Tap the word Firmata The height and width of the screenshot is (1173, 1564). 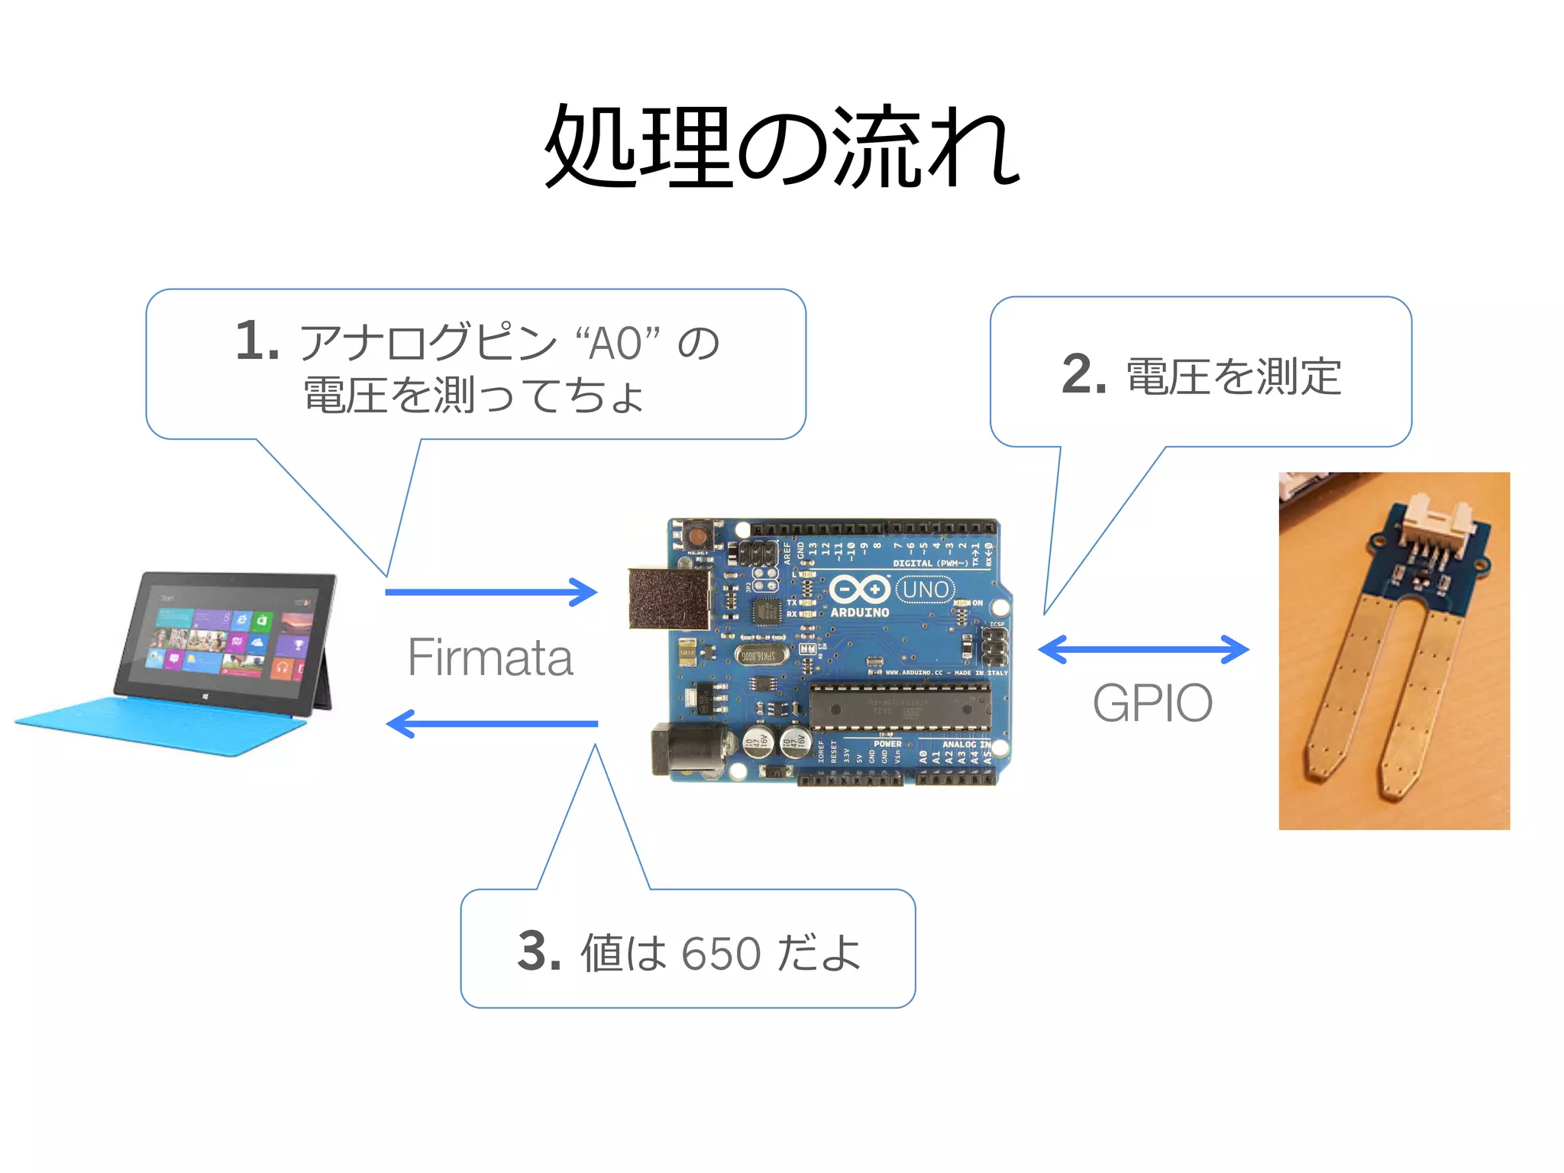(490, 658)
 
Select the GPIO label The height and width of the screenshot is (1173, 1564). (1152, 703)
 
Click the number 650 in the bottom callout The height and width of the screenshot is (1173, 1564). (721, 953)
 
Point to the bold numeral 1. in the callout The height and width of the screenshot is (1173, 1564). (257, 341)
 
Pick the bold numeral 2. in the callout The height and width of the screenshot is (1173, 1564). (1084, 374)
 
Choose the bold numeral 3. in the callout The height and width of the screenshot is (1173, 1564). (539, 952)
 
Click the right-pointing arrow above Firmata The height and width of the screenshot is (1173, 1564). (491, 592)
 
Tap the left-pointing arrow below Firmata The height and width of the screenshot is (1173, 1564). (491, 723)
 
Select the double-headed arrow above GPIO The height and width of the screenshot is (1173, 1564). (1143, 650)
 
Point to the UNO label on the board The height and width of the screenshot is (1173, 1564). (925, 590)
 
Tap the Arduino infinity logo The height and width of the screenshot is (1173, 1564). (860, 590)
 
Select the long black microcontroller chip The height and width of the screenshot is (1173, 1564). (900, 706)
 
